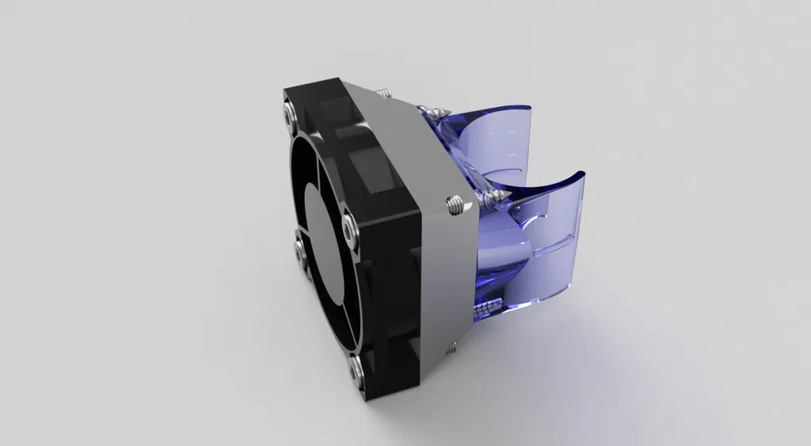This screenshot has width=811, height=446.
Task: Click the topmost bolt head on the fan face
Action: (x=287, y=116)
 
